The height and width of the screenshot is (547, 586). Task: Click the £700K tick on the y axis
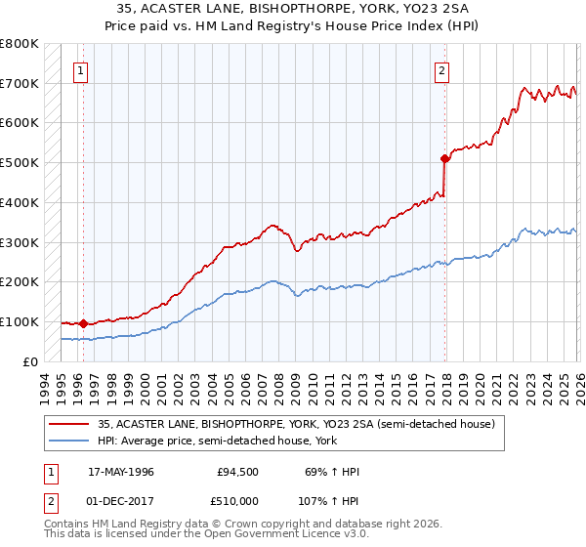[20, 83]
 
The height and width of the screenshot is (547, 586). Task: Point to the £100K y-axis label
[20, 321]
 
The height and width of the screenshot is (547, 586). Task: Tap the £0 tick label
[29, 361]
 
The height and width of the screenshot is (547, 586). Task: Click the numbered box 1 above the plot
[80, 69]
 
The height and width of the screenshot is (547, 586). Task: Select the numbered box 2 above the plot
[442, 69]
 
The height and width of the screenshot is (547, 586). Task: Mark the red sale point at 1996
[84, 323]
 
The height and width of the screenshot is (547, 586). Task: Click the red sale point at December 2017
[444, 157]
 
